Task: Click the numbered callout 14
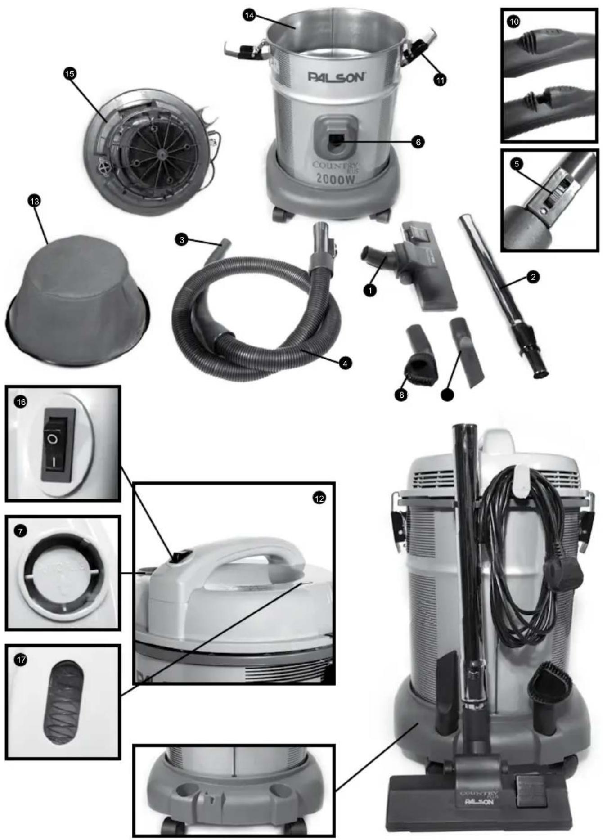[249, 15]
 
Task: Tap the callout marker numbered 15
[70, 73]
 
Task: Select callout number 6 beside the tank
[418, 142]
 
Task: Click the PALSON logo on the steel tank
[337, 76]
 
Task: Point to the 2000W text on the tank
[336, 179]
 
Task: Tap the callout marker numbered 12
[319, 498]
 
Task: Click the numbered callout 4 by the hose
[345, 363]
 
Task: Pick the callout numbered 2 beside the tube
[533, 277]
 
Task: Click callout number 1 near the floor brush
[370, 291]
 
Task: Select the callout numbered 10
[514, 21]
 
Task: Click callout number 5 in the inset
[517, 164]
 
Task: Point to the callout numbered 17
[21, 660]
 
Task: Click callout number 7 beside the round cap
[21, 531]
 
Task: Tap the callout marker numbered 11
[440, 80]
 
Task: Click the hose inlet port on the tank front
[336, 139]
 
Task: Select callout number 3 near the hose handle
[182, 240]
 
